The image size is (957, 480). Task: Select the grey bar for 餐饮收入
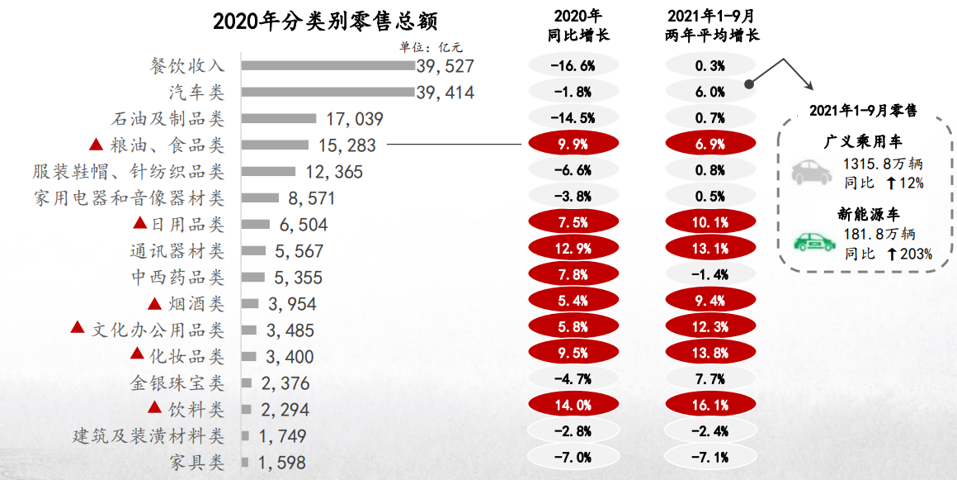coord(328,66)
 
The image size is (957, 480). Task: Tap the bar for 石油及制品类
coord(279,119)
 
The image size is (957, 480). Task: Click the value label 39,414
coord(445,93)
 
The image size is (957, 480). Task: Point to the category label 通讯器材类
coord(177,250)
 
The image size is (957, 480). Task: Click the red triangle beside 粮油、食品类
coord(96,145)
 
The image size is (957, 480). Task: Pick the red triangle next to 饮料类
coord(154,407)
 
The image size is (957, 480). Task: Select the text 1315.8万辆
coord(880,164)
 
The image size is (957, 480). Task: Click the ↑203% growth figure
coord(909,254)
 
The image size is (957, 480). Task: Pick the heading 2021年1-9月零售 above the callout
coord(863,111)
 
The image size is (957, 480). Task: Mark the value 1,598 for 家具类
coord(281,463)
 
